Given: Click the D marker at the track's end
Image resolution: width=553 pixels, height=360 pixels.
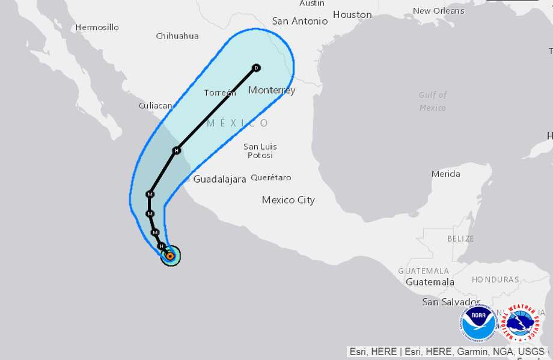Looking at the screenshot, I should click(256, 68).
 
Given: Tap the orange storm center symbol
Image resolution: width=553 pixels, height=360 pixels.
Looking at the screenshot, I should click(170, 256).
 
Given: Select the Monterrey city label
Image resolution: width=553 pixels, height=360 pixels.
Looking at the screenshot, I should click(272, 90).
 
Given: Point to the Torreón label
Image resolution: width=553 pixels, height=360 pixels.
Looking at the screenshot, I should click(219, 93).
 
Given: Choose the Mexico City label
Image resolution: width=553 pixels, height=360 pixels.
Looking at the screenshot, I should click(288, 200).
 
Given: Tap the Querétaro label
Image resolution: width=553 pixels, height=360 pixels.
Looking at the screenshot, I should click(270, 177).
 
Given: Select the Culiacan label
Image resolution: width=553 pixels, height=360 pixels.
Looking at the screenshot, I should click(155, 105).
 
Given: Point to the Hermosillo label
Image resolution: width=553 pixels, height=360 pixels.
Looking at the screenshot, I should click(97, 27).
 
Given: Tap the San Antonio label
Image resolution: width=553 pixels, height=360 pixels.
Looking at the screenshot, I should click(300, 21).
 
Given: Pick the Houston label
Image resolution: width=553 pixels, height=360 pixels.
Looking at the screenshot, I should click(352, 14).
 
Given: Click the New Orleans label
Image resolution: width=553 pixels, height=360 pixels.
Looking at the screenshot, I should click(438, 11).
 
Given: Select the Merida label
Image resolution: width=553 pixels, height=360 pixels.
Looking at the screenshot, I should click(445, 174).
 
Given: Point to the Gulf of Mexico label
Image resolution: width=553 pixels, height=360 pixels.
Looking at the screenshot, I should click(433, 101).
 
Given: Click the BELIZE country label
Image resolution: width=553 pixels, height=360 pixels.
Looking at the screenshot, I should click(461, 239).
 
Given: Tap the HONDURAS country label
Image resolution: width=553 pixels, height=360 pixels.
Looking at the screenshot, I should click(495, 279).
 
